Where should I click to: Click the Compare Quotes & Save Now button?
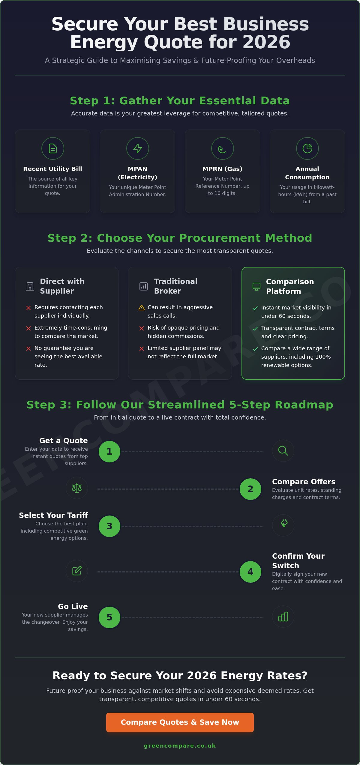(x=180, y=722)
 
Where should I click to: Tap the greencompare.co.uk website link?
(x=180, y=746)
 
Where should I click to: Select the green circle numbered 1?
(x=109, y=451)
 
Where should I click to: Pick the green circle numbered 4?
(x=250, y=572)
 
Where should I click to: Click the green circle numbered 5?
(x=109, y=617)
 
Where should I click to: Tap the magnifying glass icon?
(x=283, y=450)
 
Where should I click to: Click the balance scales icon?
(x=77, y=488)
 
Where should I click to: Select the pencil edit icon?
(x=77, y=571)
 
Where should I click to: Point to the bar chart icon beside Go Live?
(x=283, y=617)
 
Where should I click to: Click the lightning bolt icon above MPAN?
(x=138, y=148)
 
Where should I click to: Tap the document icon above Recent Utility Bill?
(x=53, y=148)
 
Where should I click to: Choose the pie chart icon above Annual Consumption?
(x=307, y=148)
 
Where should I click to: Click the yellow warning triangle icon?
(x=142, y=308)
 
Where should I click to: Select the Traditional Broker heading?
(x=175, y=286)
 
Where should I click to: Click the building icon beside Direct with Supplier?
(x=30, y=286)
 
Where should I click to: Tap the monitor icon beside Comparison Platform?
(x=256, y=286)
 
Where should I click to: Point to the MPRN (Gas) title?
(x=222, y=169)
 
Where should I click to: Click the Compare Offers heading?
(x=304, y=482)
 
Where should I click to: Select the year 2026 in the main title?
(x=266, y=42)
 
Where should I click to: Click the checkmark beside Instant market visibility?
(x=255, y=308)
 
